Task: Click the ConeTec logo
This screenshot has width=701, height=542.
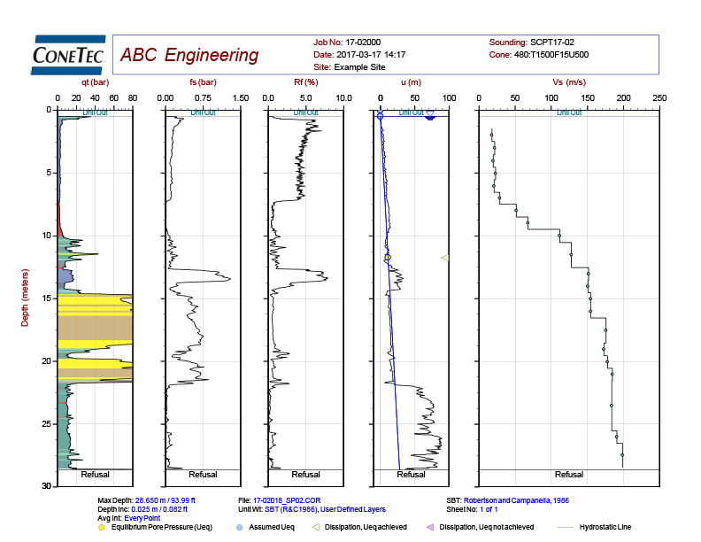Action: [x=68, y=55]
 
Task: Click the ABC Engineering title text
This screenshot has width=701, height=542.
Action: [x=189, y=56]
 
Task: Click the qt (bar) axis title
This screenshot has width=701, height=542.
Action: [x=95, y=82]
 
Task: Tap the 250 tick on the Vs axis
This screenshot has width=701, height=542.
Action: [x=659, y=97]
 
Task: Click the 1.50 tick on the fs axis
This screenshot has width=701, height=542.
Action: [x=240, y=97]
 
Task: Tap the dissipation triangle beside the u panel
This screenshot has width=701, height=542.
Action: [x=444, y=258]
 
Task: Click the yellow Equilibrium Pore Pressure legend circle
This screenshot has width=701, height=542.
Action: [x=103, y=528]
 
